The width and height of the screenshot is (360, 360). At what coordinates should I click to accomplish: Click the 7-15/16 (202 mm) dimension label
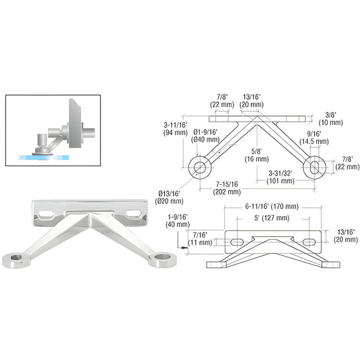pyautogui.click(x=227, y=188)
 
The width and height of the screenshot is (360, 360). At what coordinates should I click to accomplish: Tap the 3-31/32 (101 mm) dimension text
pyautogui.click(x=280, y=177)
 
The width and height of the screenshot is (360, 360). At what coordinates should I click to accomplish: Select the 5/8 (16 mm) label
pyautogui.click(x=257, y=155)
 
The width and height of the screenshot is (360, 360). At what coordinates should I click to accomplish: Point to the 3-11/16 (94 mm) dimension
pyautogui.click(x=176, y=128)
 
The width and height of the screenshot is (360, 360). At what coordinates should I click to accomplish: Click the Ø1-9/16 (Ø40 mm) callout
pyautogui.click(x=205, y=136)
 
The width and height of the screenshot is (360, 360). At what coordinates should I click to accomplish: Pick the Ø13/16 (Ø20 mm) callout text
pyautogui.click(x=170, y=197)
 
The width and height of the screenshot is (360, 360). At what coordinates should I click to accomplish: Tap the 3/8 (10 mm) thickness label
pyautogui.click(x=330, y=118)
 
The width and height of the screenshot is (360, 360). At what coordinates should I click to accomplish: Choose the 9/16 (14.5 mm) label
pyautogui.click(x=314, y=138)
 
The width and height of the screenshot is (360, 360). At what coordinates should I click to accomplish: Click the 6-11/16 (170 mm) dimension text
pyautogui.click(x=272, y=207)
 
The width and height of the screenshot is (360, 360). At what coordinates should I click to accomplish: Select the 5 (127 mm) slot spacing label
pyautogui.click(x=272, y=218)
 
